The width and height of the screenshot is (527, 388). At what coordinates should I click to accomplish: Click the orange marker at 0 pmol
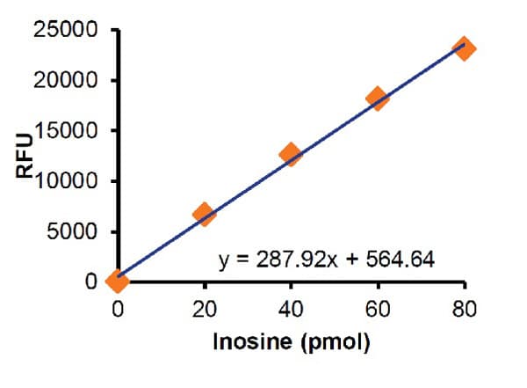coord(117,281)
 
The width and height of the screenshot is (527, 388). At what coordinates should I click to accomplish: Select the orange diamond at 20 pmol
coord(204,214)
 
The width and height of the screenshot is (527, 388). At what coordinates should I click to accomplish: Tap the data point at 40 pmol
coord(291,155)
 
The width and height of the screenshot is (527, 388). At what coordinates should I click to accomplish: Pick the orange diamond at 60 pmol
coord(378,98)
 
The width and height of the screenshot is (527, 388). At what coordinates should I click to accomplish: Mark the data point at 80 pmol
coord(465,48)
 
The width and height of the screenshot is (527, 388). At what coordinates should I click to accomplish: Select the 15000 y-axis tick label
coord(71,131)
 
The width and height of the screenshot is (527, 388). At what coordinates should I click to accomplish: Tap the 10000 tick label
coord(71,181)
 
